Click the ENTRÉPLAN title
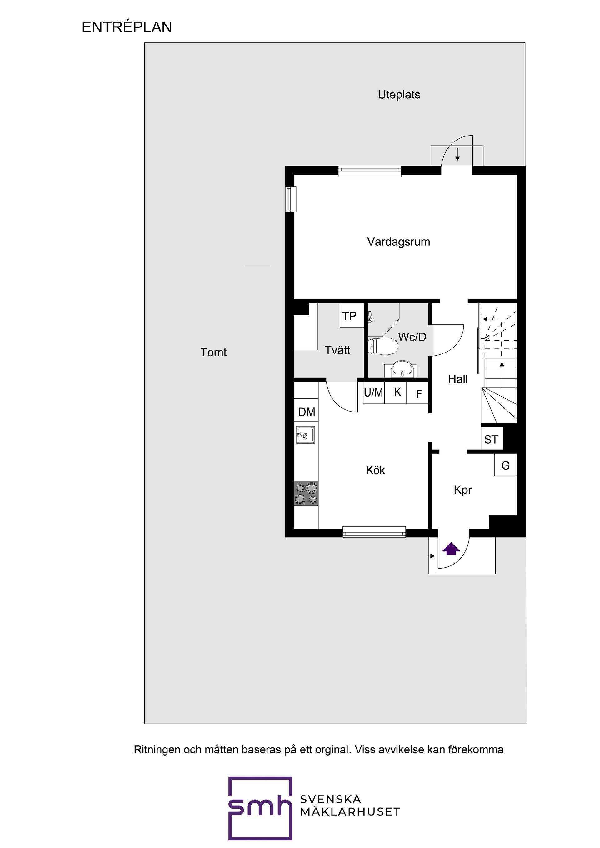[x=127, y=27]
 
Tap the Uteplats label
[x=398, y=95]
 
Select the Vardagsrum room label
[x=398, y=242]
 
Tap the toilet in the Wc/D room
[x=383, y=346]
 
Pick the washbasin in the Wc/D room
[x=401, y=369]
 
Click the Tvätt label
[x=337, y=350]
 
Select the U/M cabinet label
[x=373, y=392]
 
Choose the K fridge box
[x=397, y=392]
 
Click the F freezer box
[x=418, y=394]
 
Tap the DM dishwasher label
[x=307, y=412]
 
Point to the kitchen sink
[x=305, y=435]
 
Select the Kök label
[x=375, y=470]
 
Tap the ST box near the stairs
[x=491, y=440]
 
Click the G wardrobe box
[x=505, y=465]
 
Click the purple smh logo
[x=260, y=808]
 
